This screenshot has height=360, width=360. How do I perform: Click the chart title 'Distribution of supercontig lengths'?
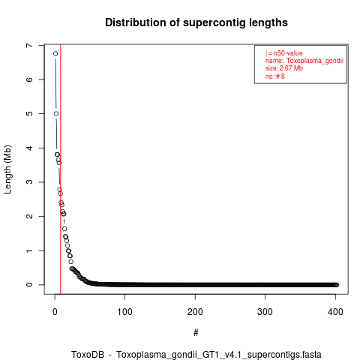196,22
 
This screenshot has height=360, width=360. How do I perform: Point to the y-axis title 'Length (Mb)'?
7,169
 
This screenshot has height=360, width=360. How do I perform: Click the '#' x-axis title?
196,333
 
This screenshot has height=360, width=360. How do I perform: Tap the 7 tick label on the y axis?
29,45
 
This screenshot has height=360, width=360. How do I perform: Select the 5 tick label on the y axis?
29,113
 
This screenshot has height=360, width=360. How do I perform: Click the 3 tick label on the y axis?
29,182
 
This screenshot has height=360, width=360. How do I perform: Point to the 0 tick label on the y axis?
29,284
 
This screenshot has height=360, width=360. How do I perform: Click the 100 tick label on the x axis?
124,312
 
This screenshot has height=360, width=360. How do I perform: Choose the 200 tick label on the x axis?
195,312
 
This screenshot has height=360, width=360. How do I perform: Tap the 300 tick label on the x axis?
265,312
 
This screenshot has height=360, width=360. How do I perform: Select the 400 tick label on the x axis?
335,312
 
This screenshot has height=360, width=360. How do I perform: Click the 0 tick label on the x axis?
55,312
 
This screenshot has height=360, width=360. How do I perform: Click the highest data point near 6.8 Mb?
55,53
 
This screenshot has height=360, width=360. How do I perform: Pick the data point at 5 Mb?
56,113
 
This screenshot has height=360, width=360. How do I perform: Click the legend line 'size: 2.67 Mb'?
284,68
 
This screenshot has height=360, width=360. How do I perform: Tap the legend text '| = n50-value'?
284,53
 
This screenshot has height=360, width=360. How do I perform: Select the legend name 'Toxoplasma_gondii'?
315,61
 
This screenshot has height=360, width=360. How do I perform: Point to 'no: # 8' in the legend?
275,76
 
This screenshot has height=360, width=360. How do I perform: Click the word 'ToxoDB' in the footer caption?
88,355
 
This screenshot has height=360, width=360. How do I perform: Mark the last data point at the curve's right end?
337,285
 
